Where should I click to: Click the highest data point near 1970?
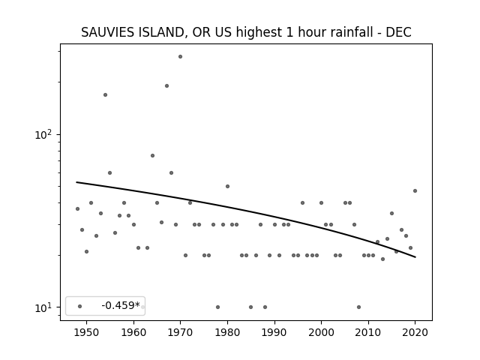[180, 57]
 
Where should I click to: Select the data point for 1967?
[166, 86]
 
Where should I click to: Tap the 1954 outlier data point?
[105, 95]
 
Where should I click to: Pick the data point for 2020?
[415, 191]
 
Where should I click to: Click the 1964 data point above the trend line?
[152, 156]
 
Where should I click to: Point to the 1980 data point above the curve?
[227, 187]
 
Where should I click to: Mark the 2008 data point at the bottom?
[358, 307]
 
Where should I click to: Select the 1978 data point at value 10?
[218, 307]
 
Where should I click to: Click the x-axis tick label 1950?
[87, 332]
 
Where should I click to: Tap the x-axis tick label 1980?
[227, 332]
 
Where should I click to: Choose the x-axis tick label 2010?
[368, 332]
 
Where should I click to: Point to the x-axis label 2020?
[415, 332]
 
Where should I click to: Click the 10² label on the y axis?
[43, 135]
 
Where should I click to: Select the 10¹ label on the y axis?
[43, 307]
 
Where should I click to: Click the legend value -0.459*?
[121, 305]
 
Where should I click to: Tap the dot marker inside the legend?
[80, 307]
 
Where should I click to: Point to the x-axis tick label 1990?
[274, 332]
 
